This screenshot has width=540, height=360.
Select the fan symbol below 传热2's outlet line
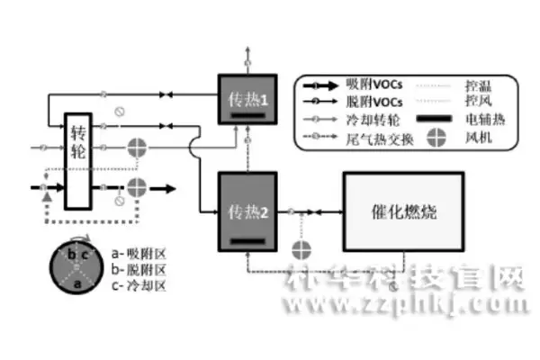(x=302, y=245)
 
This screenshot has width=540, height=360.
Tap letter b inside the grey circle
(x=65, y=256)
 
